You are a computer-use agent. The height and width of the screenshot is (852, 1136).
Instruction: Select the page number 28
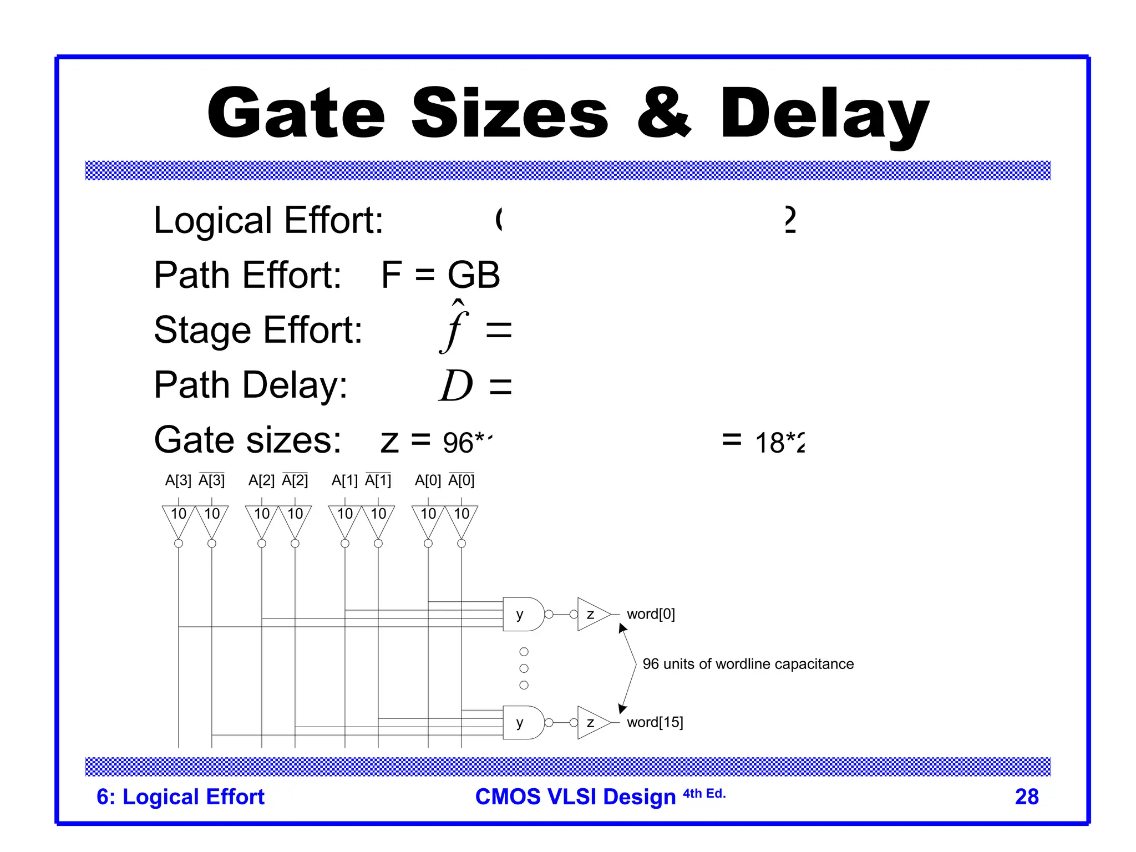[x=1026, y=797]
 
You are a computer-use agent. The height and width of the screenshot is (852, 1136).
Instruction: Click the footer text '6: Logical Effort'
[x=180, y=797]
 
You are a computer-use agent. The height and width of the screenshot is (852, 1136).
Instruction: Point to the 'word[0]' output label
[x=651, y=614]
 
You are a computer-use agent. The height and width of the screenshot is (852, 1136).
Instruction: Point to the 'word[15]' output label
[x=655, y=722]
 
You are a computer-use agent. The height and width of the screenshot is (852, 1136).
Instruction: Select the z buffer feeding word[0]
[x=591, y=614]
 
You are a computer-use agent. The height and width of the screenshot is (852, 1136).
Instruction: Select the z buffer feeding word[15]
[x=591, y=722]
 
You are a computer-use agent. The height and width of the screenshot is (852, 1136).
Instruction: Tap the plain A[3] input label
[x=178, y=480]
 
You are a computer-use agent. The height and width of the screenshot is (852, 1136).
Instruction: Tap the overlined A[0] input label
[x=461, y=480]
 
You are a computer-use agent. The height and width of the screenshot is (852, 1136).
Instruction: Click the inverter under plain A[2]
[x=262, y=519]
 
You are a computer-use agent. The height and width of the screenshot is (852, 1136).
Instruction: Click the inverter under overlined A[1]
[x=378, y=519]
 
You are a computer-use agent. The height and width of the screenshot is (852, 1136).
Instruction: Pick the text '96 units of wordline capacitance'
[x=748, y=664]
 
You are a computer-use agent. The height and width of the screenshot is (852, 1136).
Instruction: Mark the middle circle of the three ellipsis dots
[x=524, y=668]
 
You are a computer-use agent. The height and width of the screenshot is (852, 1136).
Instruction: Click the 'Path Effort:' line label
[x=247, y=275]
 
